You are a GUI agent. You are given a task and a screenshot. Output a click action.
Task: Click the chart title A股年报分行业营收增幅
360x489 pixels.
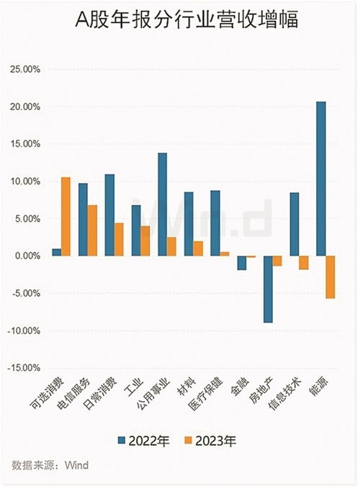(179, 22)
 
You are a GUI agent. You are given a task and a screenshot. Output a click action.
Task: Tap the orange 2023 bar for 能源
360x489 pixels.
(330, 277)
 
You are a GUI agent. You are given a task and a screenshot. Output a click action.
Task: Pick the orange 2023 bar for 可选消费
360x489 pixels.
(66, 216)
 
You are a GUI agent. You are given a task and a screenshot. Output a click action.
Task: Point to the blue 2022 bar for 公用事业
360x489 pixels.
(162, 205)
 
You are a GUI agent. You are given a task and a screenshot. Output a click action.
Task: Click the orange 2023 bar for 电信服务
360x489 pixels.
(92, 230)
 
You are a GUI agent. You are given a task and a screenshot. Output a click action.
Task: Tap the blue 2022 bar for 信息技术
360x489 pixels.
(294, 224)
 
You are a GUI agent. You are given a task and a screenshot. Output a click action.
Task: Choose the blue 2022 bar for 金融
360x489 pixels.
(241, 263)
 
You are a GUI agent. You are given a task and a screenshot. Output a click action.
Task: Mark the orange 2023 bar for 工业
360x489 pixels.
(145, 241)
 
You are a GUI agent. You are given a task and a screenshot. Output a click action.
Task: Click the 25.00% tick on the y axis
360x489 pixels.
(24, 69)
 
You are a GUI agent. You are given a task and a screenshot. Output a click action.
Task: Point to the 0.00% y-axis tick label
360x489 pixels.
(26, 256)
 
